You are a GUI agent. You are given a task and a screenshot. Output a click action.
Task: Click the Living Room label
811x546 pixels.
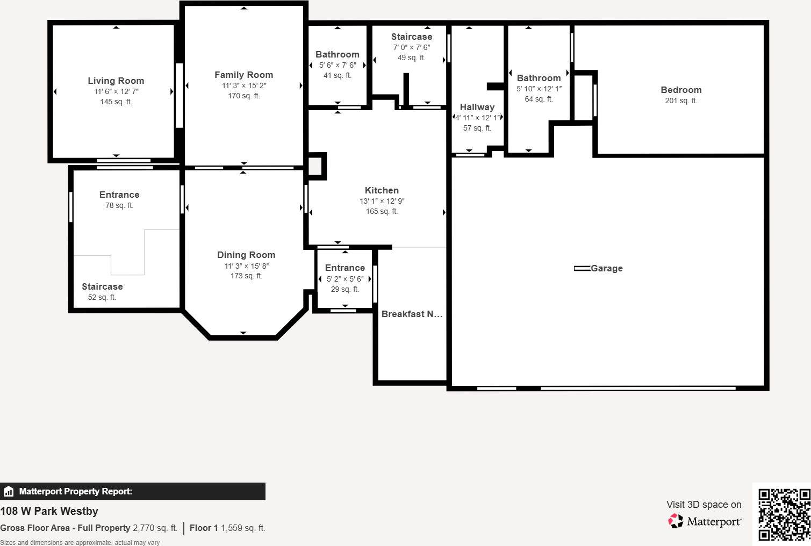pyautogui.click(x=116, y=81)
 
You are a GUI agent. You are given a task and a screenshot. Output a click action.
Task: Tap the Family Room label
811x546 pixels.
pyautogui.click(x=243, y=75)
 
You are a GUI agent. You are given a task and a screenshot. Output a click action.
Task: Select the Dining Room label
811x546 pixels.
pyautogui.click(x=246, y=255)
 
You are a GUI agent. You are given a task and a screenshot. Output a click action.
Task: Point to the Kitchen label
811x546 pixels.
pyautogui.click(x=382, y=190)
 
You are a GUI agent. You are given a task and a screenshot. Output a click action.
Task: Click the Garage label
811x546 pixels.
pyautogui.click(x=606, y=268)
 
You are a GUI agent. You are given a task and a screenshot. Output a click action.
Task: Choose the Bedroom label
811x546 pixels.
pyautogui.click(x=681, y=90)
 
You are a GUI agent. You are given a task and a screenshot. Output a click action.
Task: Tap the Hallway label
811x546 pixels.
pyautogui.click(x=477, y=107)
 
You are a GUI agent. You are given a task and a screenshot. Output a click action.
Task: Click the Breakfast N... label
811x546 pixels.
pyautogui.click(x=412, y=314)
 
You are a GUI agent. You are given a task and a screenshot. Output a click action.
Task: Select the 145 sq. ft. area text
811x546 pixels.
pyautogui.click(x=116, y=102)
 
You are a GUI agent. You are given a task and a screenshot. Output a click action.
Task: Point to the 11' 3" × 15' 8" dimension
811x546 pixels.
pyautogui.click(x=246, y=266)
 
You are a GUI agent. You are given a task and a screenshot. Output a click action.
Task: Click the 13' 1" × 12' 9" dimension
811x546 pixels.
pyautogui.click(x=382, y=201)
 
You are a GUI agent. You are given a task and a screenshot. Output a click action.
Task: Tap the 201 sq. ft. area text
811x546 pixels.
pyautogui.click(x=681, y=100)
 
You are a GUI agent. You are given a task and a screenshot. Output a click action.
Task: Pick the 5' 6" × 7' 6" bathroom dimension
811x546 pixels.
pyautogui.click(x=338, y=65)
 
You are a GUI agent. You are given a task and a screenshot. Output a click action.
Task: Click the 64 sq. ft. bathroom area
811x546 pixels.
pyautogui.click(x=539, y=99)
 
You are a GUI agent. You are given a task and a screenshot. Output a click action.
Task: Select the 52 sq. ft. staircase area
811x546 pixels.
pyautogui.click(x=102, y=297)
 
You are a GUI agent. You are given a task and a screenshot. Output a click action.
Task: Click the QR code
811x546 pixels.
pyautogui.click(x=784, y=514)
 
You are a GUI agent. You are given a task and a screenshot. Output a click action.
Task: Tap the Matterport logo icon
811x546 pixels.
pyautogui.click(x=675, y=521)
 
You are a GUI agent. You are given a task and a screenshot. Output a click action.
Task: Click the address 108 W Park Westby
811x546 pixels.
pyautogui.click(x=49, y=511)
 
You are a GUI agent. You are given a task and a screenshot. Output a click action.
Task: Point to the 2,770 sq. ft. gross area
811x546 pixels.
pyautogui.click(x=155, y=528)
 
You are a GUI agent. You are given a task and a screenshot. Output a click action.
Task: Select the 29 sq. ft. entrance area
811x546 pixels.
pyautogui.click(x=345, y=289)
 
